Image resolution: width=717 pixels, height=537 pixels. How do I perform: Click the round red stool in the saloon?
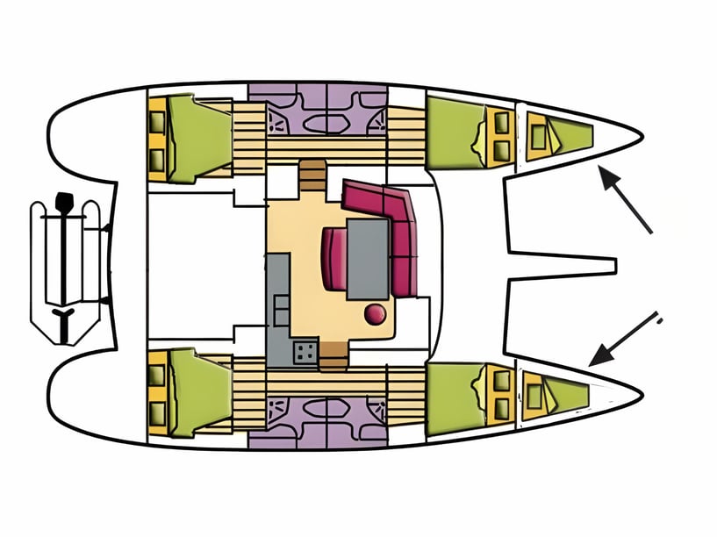375,313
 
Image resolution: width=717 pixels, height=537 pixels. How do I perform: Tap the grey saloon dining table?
368,258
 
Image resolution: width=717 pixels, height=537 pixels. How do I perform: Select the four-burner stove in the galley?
306,352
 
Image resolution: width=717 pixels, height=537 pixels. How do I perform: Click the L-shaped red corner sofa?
391,224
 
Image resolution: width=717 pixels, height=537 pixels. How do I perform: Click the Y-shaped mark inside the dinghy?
64,315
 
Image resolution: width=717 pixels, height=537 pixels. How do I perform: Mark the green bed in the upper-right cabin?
455,132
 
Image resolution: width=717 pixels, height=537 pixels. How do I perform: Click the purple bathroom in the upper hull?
317,110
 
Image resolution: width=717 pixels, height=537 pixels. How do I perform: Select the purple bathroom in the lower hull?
317,421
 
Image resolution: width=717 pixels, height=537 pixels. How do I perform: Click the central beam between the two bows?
562,264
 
